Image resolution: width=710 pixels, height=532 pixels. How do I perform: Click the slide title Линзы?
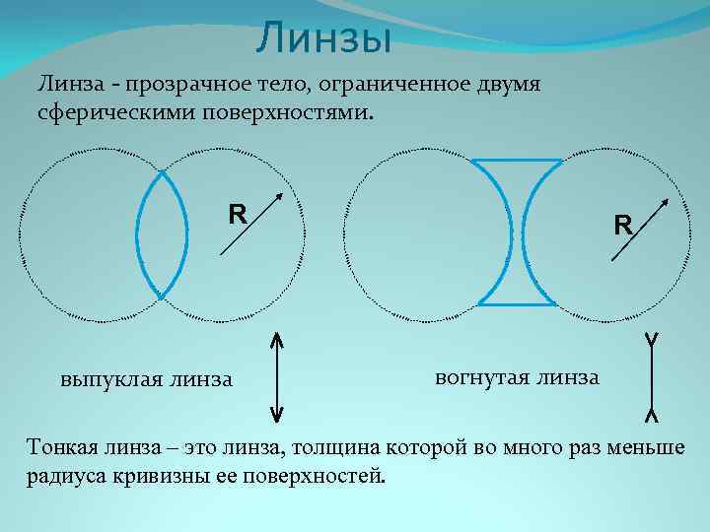point(323,40)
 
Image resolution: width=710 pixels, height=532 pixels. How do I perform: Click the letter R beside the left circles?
point(237,213)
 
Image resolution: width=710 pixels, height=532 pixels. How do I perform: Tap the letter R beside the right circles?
point(622,226)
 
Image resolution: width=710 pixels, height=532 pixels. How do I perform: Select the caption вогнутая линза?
point(516,376)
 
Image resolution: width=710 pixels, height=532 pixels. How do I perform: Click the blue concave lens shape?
point(518,232)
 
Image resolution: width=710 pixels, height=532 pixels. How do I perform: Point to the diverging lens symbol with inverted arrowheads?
point(651,377)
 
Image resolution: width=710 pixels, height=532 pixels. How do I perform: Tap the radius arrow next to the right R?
point(639,230)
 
